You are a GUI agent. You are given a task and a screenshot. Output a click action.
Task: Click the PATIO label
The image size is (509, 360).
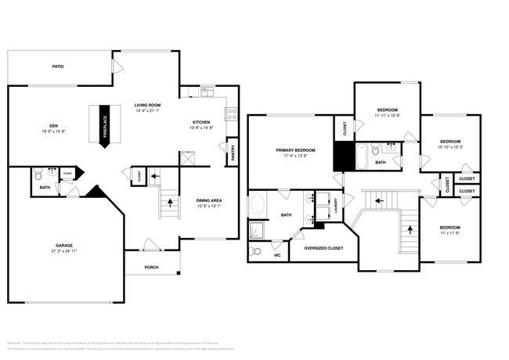pyautogui.click(x=59, y=67)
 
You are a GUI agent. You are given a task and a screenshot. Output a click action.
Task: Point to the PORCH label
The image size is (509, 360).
pyautogui.click(x=151, y=267)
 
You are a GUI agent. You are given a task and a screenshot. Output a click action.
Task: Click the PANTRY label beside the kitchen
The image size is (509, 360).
pyautogui.click(x=233, y=152)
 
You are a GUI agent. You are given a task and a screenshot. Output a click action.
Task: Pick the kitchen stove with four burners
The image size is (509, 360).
pyautogui.click(x=232, y=114)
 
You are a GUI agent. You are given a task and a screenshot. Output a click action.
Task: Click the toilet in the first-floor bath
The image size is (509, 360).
pyautogui.click(x=40, y=174)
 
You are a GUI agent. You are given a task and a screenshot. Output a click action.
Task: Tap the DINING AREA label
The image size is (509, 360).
pyautogui.click(x=209, y=200)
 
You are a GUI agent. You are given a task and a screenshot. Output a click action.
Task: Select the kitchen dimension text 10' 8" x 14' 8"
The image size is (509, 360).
pyautogui.click(x=202, y=128)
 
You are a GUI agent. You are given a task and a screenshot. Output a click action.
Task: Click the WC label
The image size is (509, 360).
pyautogui.click(x=277, y=254)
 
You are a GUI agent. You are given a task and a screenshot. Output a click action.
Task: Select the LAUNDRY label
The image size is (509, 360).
pyautogui.click(x=335, y=205)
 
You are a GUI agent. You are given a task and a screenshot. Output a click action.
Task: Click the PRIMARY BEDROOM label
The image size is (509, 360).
pyautogui.click(x=295, y=149)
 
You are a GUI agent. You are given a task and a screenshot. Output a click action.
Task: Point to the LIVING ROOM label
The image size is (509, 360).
pyautogui.click(x=147, y=104)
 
